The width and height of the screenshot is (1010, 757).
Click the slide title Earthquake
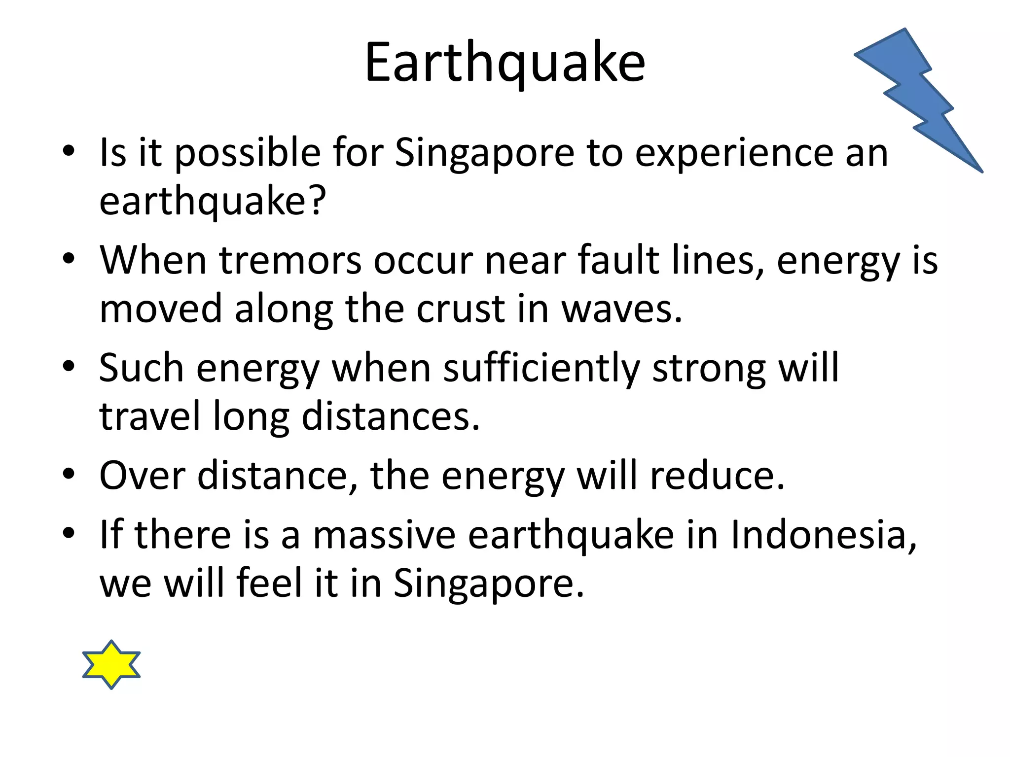pyautogui.click(x=505, y=63)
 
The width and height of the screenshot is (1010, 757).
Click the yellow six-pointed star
pyautogui.click(x=111, y=664)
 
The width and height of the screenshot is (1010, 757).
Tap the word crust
pyautogui.click(x=461, y=310)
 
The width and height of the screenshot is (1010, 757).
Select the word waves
pyautogui.click(x=621, y=310)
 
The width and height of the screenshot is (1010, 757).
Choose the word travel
pyautogui.click(x=150, y=416)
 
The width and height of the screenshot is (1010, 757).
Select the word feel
pyautogui.click(x=269, y=583)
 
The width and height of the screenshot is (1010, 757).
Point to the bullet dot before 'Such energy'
pyautogui.click(x=69, y=366)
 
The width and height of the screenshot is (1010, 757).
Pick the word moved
pyautogui.click(x=161, y=310)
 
